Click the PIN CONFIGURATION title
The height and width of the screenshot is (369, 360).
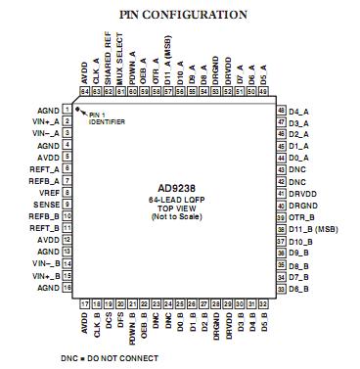(x=183, y=15)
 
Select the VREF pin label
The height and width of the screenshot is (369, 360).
(x=47, y=193)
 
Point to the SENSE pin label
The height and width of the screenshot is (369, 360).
(x=45, y=205)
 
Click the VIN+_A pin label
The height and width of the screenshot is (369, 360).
(x=43, y=121)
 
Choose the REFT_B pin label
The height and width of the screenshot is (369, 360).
(x=43, y=228)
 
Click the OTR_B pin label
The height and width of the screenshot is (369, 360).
(x=299, y=216)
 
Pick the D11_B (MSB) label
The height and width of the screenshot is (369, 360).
(x=311, y=228)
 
